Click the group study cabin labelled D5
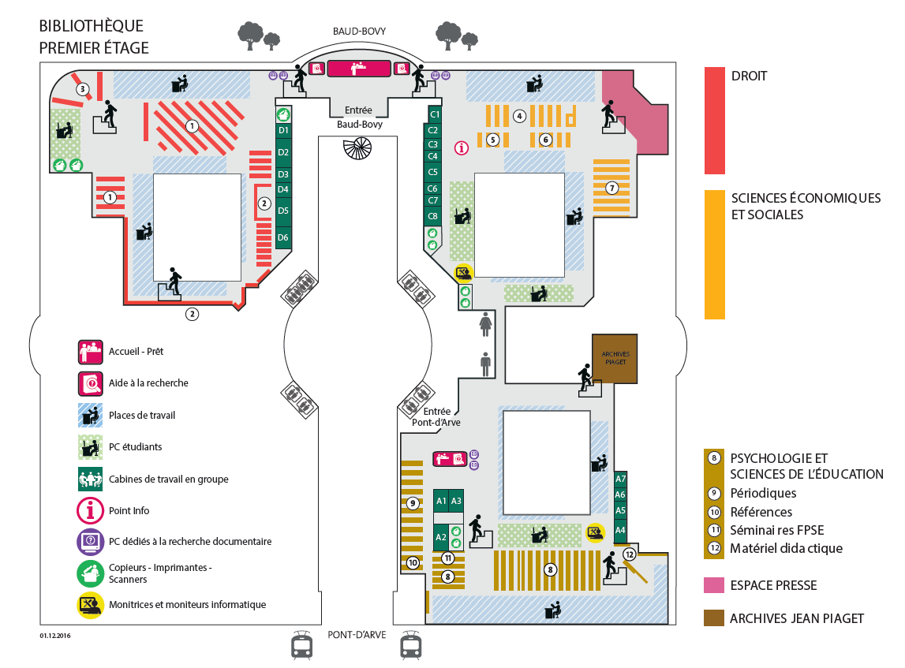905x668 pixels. [x=283, y=211]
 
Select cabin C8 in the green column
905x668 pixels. [x=433, y=217]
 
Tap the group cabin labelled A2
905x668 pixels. [x=441, y=537]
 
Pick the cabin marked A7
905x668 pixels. [x=620, y=479]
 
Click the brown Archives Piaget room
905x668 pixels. [x=615, y=358]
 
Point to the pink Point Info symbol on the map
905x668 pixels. [x=461, y=148]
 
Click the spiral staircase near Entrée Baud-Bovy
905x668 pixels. [x=357, y=148]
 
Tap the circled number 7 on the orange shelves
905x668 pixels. [x=611, y=188]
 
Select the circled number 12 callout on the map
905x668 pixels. [x=629, y=554]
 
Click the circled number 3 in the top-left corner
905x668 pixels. [x=83, y=89]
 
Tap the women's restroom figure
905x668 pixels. [x=485, y=324]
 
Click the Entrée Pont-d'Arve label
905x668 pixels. [x=436, y=416]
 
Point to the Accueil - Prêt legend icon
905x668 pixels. [x=91, y=352]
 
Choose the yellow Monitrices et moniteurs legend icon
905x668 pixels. [x=91, y=605]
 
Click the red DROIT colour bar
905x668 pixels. [x=715, y=121]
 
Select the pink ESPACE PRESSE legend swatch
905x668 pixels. [x=714, y=585]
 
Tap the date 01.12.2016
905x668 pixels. [x=55, y=636]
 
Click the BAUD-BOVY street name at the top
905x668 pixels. [x=359, y=31]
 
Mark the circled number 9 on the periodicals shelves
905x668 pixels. [x=412, y=504]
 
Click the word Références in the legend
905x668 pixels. [x=761, y=513]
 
